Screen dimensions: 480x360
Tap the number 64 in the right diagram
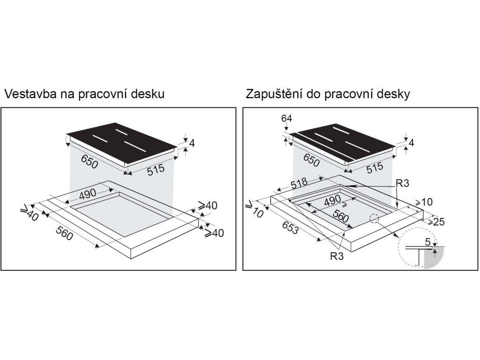pyautogui.click(x=287, y=118)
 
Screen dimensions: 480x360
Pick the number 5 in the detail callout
pyautogui.click(x=427, y=243)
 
